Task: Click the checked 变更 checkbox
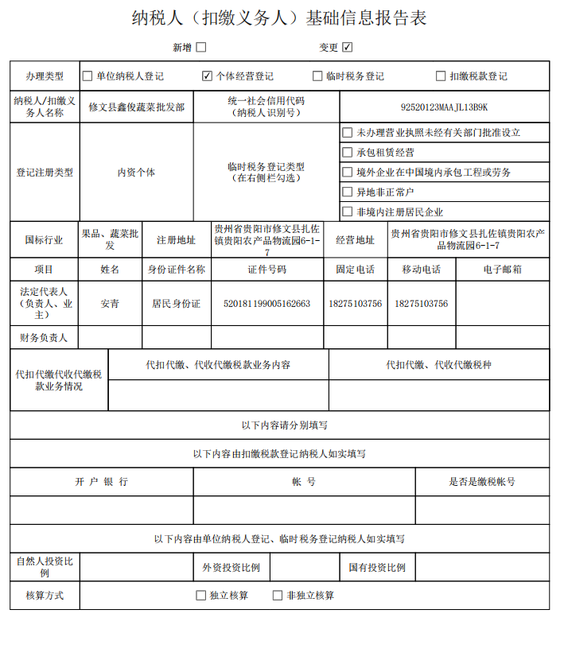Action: point(348,48)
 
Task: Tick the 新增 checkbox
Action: point(201,48)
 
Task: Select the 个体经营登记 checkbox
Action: point(208,76)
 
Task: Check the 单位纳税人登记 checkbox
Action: point(88,76)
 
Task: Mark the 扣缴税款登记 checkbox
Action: point(441,76)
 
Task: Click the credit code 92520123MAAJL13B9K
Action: point(444,107)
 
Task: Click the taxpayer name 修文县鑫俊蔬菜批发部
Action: point(136,107)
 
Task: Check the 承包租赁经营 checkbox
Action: point(347,152)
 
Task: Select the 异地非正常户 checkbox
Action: point(347,192)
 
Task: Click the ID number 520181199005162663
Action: point(266,304)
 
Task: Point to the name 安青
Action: point(110,304)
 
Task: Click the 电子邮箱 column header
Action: point(502,270)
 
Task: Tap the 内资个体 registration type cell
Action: point(136,172)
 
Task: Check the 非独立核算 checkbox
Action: point(278,595)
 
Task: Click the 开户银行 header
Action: point(101,482)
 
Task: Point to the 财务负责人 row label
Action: point(45,338)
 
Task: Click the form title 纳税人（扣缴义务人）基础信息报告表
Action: point(279,18)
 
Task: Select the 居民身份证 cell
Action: point(177,304)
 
